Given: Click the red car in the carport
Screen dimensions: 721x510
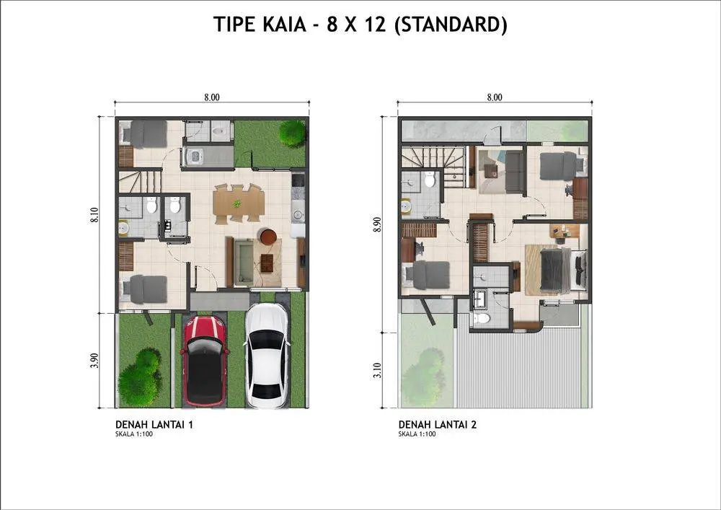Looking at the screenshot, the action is coord(205,361).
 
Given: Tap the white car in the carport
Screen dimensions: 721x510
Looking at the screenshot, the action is coord(267,356).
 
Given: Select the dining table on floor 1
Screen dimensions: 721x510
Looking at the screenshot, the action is coord(239,203).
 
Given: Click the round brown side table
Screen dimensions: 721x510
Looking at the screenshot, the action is coord(268,237).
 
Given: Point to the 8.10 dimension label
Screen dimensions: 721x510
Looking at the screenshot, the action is coord(94,215).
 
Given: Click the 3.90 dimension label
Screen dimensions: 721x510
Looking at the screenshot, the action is coord(94,361).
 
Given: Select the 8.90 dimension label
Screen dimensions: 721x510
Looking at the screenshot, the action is coord(378,224).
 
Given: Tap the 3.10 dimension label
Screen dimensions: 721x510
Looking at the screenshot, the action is coord(378,370).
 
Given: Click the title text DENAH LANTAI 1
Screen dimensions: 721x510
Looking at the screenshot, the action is coord(154,424).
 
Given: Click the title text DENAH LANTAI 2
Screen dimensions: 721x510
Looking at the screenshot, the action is coord(438,424).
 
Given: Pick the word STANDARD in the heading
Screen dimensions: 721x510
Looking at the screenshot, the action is coord(451,25).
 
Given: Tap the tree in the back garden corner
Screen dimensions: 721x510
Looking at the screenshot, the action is coord(292,133).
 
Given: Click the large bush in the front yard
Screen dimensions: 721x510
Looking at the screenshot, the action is coord(140,378).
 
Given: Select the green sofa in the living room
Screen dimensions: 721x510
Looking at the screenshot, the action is coord(244,262).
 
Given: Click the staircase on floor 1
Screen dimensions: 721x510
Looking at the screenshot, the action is coord(141,181).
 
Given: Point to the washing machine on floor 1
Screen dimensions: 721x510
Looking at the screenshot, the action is coord(194,157).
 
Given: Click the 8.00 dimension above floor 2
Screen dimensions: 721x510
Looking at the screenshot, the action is coord(495,97).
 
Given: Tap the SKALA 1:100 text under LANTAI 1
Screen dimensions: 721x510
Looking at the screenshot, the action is coord(134,434).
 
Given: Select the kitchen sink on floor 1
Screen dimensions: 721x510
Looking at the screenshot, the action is coord(298,214).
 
